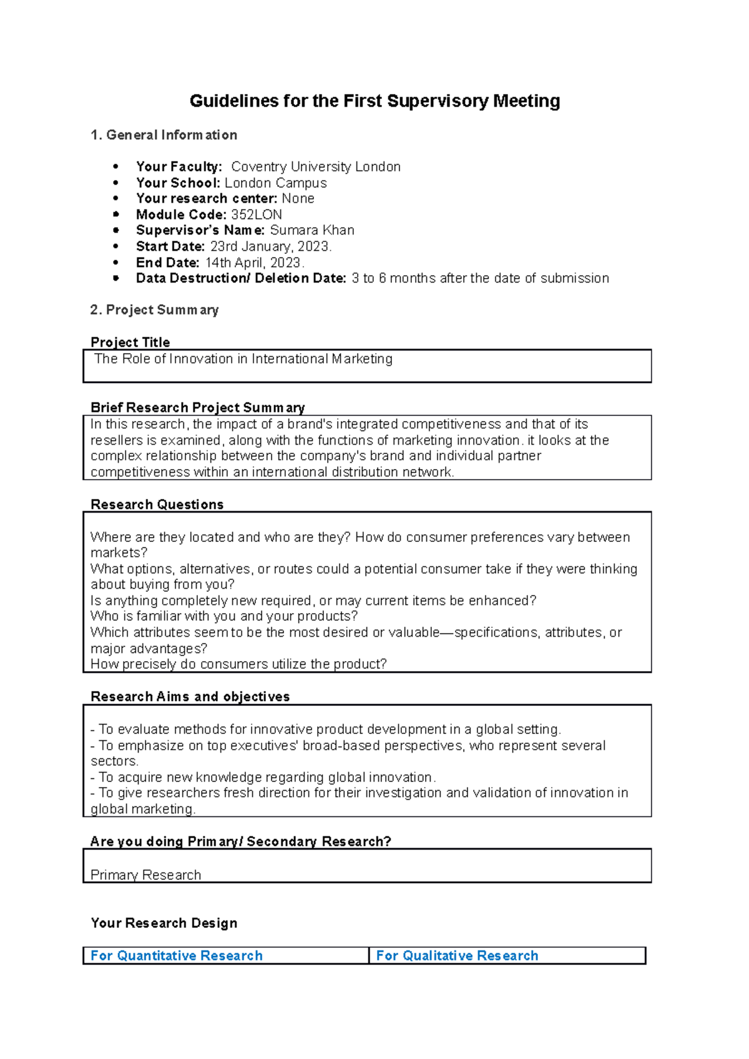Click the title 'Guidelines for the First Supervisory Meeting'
pos(374,101)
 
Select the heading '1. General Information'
pos(164,135)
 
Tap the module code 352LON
pos(257,215)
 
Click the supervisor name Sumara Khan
pos(312,230)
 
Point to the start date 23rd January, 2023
pos(270,246)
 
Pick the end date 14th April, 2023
pos(254,263)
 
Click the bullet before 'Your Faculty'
pos(115,167)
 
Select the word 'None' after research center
pos(298,198)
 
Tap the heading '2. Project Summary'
pos(154,310)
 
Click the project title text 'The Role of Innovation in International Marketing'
pos(243,359)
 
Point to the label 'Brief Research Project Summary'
pos(197,408)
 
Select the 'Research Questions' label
pos(157,505)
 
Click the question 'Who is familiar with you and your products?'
pos(224,616)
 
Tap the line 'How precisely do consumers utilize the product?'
pos(238,664)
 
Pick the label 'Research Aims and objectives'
pos(190,697)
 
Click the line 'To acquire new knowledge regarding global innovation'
pos(265,777)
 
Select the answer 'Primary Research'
pos(145,875)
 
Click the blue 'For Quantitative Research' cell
pos(177,955)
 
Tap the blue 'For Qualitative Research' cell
pos(457,955)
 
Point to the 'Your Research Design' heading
pos(164,923)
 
